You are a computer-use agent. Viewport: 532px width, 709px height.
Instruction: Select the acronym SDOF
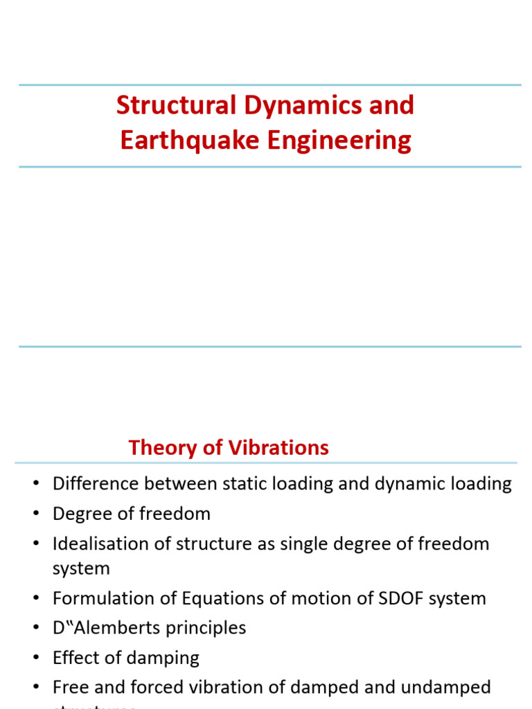(x=391, y=598)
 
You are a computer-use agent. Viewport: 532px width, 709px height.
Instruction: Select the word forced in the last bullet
(x=164, y=688)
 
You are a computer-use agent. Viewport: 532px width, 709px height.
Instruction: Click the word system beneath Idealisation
(x=81, y=568)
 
